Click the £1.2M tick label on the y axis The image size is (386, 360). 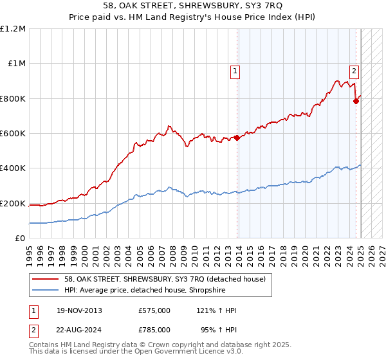tap(13, 29)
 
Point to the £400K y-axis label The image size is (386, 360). tap(13, 168)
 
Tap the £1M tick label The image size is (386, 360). tap(17, 64)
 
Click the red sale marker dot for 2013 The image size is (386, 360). tap(237, 138)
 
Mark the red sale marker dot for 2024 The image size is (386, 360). tap(356, 101)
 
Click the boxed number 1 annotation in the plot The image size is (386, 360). tap(235, 72)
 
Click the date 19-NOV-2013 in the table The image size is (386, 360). tap(79, 310)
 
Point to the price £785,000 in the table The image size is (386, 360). tap(154, 331)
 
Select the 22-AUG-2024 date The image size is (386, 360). tap(80, 331)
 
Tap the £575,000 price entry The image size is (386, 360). tap(154, 310)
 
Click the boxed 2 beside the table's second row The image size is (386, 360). tap(34, 331)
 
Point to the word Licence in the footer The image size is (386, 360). tap(186, 352)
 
